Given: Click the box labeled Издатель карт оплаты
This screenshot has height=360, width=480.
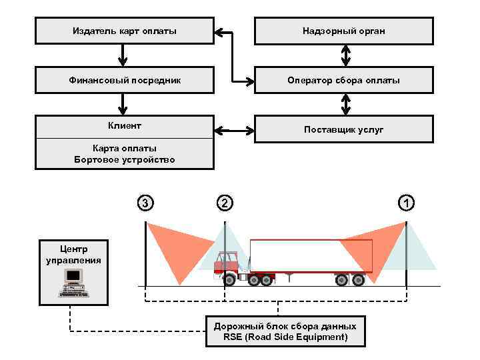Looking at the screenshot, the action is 125,31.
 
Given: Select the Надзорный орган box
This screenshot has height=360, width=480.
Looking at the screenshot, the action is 344,31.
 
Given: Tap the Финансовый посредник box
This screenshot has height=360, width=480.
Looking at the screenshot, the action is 125,80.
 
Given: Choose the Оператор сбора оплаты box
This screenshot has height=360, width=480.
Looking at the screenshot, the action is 344,80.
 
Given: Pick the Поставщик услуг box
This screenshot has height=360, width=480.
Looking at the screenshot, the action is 344,129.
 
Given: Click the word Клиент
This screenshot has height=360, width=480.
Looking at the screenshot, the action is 125,125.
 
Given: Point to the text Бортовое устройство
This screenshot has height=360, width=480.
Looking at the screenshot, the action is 125,159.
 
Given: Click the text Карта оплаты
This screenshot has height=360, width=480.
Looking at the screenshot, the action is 125,149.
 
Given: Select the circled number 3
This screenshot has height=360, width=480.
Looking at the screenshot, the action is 145,203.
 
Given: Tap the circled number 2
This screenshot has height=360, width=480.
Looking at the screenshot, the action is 225,203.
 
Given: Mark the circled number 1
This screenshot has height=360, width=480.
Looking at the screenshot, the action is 407,203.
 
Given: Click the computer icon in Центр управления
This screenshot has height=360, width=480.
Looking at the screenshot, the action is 73,283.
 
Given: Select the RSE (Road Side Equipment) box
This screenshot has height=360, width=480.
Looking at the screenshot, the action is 285,331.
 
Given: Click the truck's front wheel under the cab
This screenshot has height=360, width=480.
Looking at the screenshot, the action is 229,280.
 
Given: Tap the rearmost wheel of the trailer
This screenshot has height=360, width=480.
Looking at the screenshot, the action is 358,280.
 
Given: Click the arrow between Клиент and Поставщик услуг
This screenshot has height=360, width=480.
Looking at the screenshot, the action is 234,131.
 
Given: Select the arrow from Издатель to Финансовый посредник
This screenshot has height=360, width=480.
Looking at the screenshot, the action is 123,55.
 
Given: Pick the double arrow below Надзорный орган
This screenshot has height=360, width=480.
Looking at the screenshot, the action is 346,56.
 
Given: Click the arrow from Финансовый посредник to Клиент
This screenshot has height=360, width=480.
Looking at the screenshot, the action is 123,105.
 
